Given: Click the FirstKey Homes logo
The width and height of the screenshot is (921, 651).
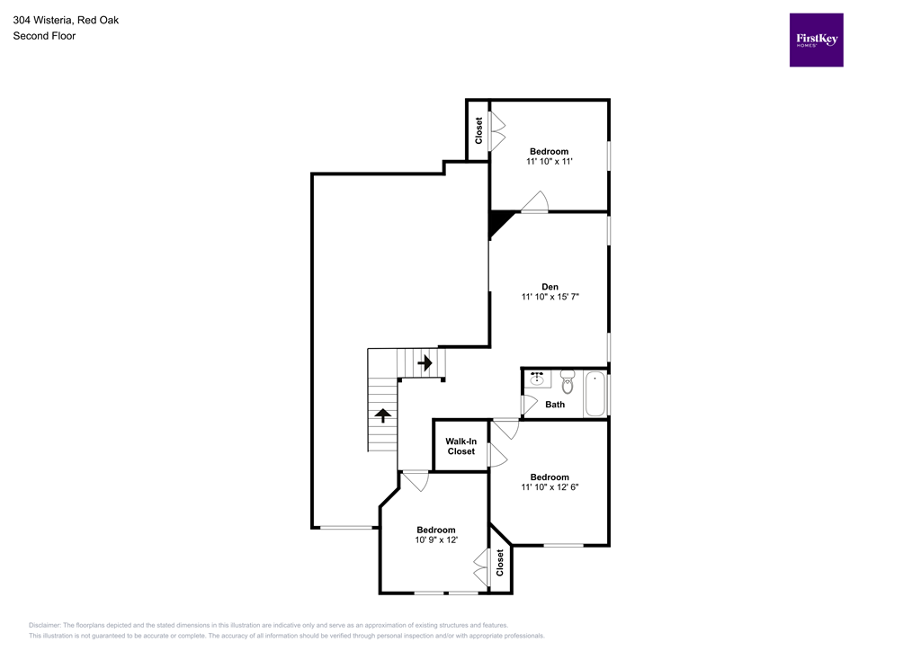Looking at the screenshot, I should tap(816, 40).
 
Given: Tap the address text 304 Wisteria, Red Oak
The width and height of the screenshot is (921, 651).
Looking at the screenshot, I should tap(65, 19).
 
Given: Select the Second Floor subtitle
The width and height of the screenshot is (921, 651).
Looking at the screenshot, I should tap(44, 36).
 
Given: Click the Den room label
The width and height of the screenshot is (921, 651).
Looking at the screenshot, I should tap(550, 287).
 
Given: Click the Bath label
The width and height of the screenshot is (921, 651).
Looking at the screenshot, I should tap(555, 405).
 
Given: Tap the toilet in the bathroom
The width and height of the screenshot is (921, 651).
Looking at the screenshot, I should tap(568, 384).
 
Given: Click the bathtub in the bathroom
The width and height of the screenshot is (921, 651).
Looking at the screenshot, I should tap(595, 395).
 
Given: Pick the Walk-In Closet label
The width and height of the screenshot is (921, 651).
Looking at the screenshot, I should tap(460, 446).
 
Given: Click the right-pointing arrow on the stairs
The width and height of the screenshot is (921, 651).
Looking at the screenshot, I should tap(425, 362).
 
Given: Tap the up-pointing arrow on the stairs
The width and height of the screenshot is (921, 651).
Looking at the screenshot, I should tap(382, 415).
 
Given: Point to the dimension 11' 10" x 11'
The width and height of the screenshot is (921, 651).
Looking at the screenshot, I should tap(549, 162).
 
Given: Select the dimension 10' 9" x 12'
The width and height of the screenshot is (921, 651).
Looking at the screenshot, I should tap(436, 540).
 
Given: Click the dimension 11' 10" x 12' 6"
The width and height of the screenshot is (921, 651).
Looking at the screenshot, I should tap(549, 488).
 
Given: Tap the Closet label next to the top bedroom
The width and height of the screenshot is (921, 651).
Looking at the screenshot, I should tap(479, 131).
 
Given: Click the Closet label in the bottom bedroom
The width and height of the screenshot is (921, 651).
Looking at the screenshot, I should tap(500, 563).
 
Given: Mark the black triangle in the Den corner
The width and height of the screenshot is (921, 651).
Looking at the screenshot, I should tap(498, 221).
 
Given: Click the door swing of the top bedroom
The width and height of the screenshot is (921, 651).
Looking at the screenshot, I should tap(536, 202).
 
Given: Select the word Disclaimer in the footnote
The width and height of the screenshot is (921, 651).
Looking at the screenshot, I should tap(44, 625).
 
